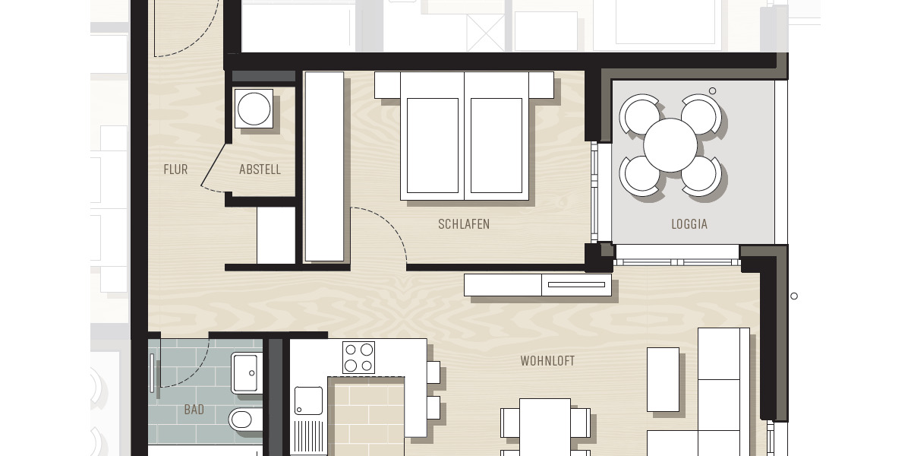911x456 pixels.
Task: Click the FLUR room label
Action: tap(175, 169)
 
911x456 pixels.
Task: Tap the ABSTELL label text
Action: tap(260, 169)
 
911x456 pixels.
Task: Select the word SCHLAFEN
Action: tap(464, 224)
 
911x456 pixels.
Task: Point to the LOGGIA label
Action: tap(689, 224)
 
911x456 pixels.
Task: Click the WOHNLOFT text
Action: tap(547, 361)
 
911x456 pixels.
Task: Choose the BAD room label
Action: tap(194, 410)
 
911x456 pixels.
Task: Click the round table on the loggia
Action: tap(670, 145)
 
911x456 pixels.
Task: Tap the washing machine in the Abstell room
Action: tap(254, 109)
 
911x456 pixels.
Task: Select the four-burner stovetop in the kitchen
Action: tap(358, 357)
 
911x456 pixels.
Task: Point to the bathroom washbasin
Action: tap(247, 373)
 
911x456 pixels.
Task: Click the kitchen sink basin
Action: tap(308, 401)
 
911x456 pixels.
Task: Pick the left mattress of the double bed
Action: tap(432, 145)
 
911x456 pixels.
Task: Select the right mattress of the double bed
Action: tap(496, 145)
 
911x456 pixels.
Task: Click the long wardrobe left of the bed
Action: tap(324, 166)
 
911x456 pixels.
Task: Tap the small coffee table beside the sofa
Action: tap(663, 379)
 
